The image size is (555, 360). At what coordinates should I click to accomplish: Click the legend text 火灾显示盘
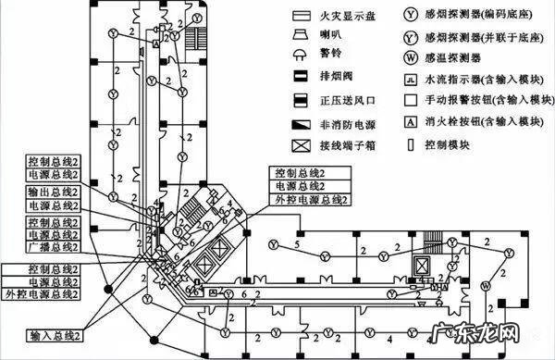point(346,16)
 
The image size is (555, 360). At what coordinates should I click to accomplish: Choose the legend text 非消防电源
point(346,122)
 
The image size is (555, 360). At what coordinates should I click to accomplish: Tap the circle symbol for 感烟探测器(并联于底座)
point(409,37)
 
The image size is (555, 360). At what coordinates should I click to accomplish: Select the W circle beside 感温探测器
point(409,57)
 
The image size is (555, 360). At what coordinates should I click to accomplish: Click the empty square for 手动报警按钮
point(409,99)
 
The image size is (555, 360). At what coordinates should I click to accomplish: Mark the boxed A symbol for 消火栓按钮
point(409,120)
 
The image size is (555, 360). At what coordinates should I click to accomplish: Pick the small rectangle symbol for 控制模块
point(409,144)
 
